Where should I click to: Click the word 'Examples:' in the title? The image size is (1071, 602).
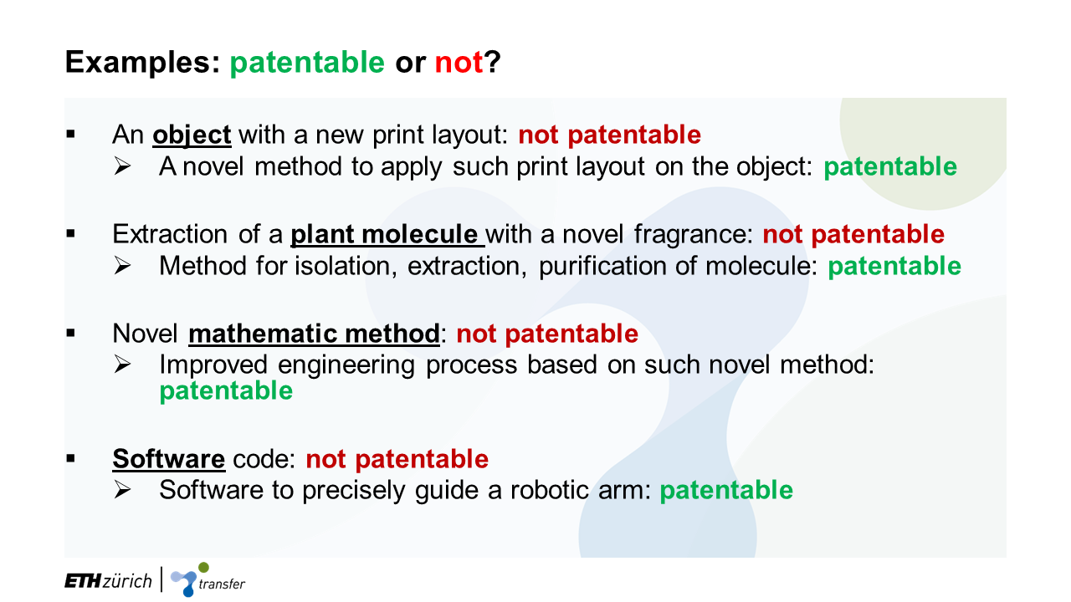(142, 63)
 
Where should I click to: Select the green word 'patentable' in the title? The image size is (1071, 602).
(307, 63)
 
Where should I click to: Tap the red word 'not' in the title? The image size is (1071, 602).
(459, 63)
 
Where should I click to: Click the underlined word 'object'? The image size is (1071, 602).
(192, 135)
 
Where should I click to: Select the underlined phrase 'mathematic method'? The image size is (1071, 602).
(314, 334)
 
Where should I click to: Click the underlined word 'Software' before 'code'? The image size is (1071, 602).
(169, 459)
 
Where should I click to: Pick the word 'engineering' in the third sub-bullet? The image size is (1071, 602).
(346, 365)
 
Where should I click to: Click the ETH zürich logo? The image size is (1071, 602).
(108, 581)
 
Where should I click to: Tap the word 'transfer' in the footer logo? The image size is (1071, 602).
(222, 584)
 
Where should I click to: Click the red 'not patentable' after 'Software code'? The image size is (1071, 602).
(397, 459)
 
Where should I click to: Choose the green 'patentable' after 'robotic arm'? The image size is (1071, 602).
(726, 490)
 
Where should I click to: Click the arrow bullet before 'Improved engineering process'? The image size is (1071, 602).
(122, 365)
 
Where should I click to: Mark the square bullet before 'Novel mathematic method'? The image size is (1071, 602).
(71, 333)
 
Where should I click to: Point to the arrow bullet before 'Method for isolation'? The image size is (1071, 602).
(122, 266)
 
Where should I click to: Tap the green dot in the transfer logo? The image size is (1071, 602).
(203, 568)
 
